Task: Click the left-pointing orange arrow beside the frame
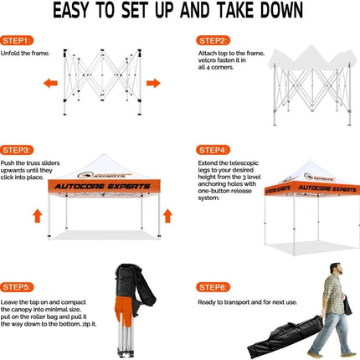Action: pos(50,83)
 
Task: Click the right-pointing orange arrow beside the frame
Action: pos(153,83)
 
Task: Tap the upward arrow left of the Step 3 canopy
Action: pos(37,216)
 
